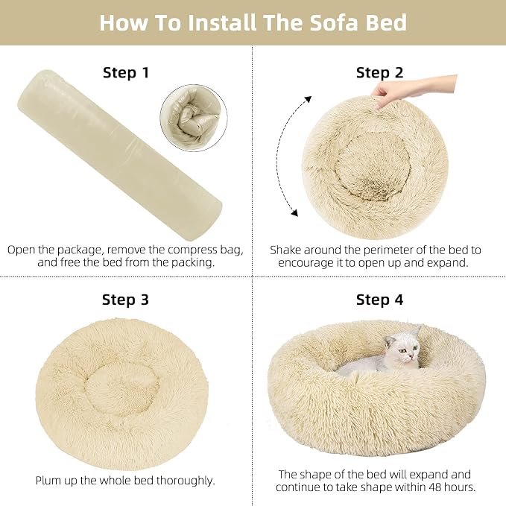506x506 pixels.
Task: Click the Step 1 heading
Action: (126, 72)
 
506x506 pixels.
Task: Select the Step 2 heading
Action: (380, 72)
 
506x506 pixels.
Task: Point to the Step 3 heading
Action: (125, 300)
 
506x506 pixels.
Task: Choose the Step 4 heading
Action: (380, 300)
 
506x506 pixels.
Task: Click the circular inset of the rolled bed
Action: (194, 118)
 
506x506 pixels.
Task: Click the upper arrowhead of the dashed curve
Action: (309, 99)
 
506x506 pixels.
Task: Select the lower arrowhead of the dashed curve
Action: (294, 212)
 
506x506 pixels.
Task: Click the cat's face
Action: (407, 350)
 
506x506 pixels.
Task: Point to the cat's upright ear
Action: (417, 332)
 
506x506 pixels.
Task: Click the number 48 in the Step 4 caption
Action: (437, 487)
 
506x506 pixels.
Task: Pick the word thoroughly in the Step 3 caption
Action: (186, 481)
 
